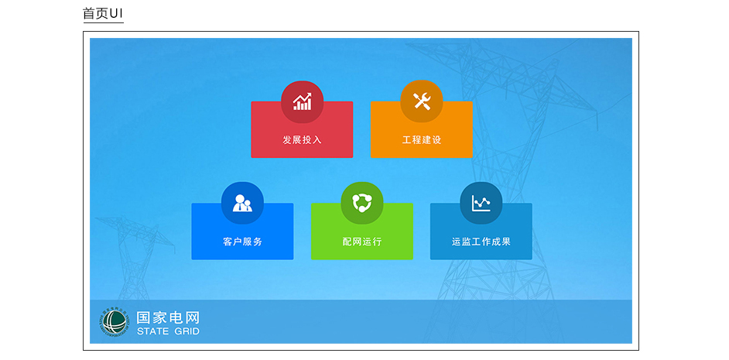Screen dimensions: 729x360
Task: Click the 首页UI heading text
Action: (x=103, y=13)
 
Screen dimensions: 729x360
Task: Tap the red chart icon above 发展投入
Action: (x=302, y=102)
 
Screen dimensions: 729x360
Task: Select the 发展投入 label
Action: (x=302, y=139)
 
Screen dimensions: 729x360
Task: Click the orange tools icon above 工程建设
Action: (x=422, y=102)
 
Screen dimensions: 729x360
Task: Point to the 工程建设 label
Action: (x=422, y=139)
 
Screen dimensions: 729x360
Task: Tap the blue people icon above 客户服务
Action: (x=242, y=204)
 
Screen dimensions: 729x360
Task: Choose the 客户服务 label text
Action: (x=242, y=242)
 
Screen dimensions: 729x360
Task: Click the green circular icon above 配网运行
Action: (x=362, y=204)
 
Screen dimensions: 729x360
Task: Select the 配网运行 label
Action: (x=362, y=242)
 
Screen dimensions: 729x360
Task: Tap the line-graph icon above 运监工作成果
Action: (x=481, y=204)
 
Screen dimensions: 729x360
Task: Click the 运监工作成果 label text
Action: (x=481, y=242)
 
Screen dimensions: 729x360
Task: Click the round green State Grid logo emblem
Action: (x=114, y=322)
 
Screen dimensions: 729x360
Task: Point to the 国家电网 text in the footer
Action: (x=168, y=317)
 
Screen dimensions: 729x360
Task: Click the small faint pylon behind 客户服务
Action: (x=134, y=251)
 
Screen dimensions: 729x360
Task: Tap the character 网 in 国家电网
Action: (x=193, y=317)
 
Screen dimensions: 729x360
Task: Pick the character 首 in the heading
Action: (x=89, y=13)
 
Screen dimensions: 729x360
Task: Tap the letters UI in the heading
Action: (x=117, y=13)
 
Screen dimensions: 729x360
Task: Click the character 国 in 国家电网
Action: (x=144, y=317)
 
